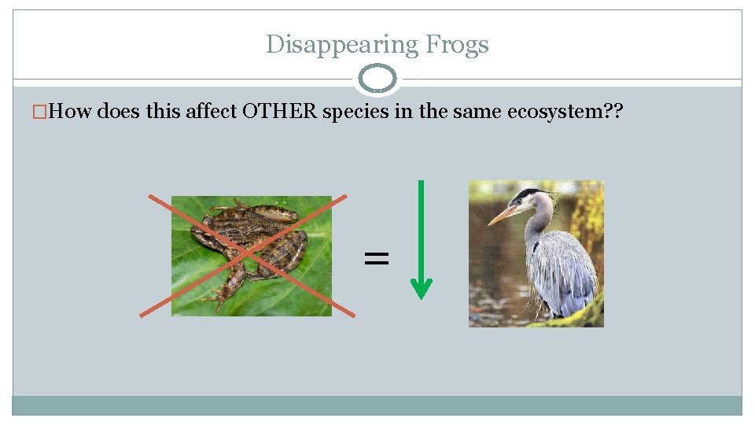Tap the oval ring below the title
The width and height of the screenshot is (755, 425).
click(x=377, y=79)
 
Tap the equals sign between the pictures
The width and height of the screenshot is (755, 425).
click(x=377, y=257)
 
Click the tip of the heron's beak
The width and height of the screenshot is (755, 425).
click(x=489, y=224)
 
